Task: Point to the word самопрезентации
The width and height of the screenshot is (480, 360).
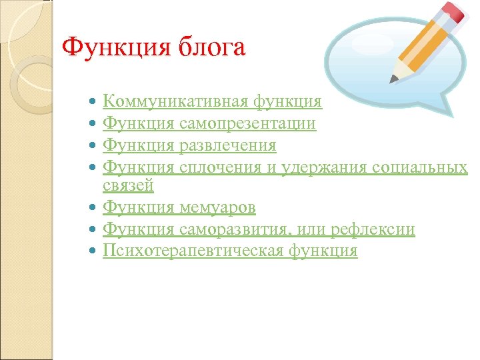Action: (x=246, y=123)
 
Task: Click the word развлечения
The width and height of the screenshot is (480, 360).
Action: (x=226, y=145)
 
